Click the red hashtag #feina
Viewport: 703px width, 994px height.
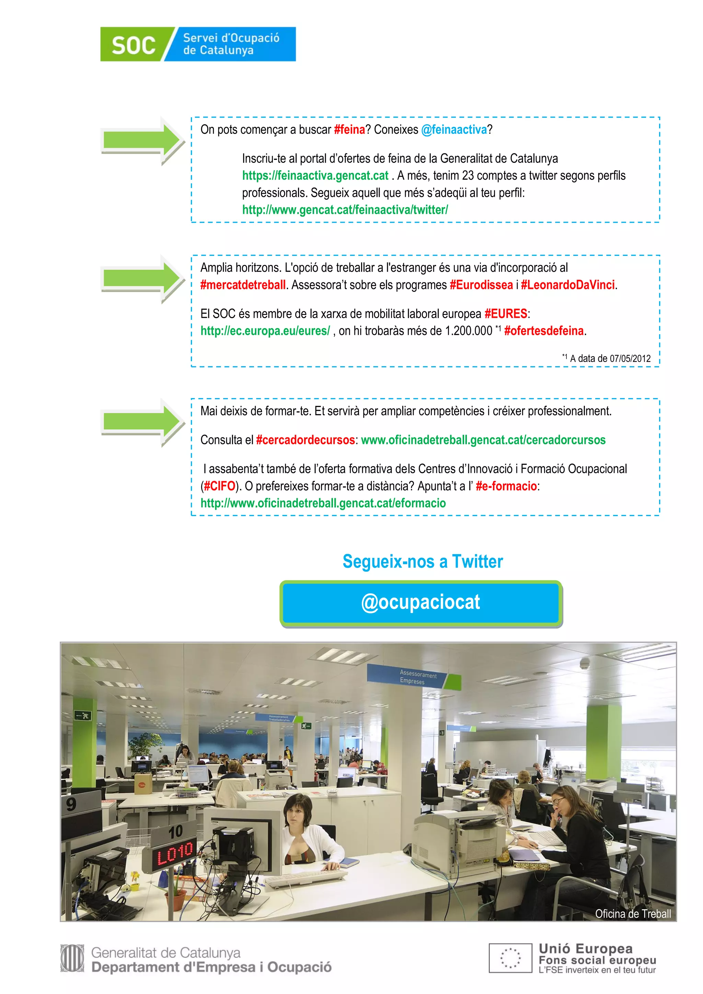(349, 129)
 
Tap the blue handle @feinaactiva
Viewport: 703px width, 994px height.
(454, 129)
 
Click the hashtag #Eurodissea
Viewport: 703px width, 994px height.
(481, 285)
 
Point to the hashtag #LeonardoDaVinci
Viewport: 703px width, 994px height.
(567, 285)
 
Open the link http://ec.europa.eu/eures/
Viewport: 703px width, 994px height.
(265, 331)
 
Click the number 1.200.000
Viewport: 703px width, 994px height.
(469, 331)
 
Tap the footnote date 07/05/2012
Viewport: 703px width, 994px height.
(630, 359)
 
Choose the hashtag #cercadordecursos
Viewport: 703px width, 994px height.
(306, 440)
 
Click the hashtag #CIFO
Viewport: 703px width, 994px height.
(219, 486)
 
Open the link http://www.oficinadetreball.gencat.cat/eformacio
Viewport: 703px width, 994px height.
(323, 503)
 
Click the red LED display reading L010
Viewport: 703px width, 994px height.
(175, 854)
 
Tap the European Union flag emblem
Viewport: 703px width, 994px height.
(510, 958)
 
